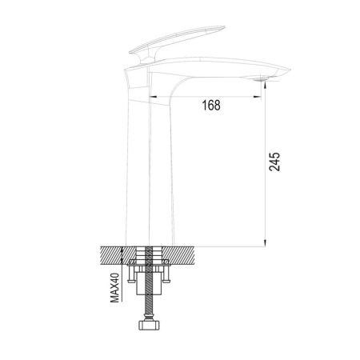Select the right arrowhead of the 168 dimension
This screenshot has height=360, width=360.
tap(260, 95)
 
